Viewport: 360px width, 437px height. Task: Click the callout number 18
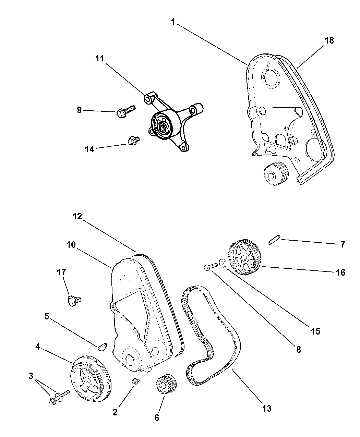[329, 40]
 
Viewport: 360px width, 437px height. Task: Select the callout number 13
[267, 408]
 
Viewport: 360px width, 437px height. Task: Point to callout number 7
[342, 244]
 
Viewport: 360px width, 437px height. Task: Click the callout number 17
[61, 272]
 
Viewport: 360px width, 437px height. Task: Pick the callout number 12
[77, 216]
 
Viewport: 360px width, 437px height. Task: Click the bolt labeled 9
[125, 111]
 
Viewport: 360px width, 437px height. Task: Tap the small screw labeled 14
[133, 140]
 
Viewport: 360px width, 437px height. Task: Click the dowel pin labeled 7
[274, 239]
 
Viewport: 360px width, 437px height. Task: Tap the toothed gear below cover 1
[276, 175]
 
